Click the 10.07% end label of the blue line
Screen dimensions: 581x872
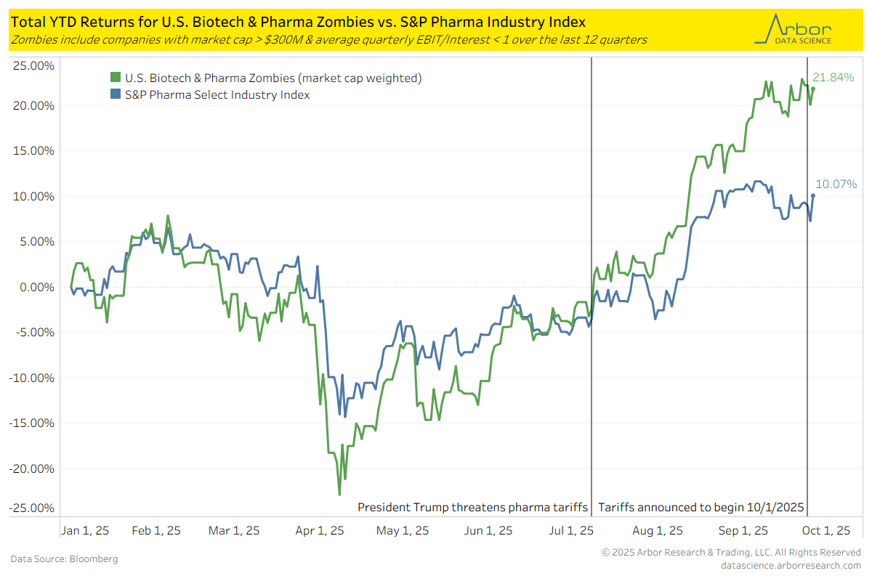pos(838,184)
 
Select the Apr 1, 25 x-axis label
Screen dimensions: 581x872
pos(319,531)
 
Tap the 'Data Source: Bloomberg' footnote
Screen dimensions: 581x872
pos(64,559)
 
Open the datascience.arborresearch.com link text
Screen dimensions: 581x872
pos(790,565)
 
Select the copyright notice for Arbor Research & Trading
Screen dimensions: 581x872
pos(731,553)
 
